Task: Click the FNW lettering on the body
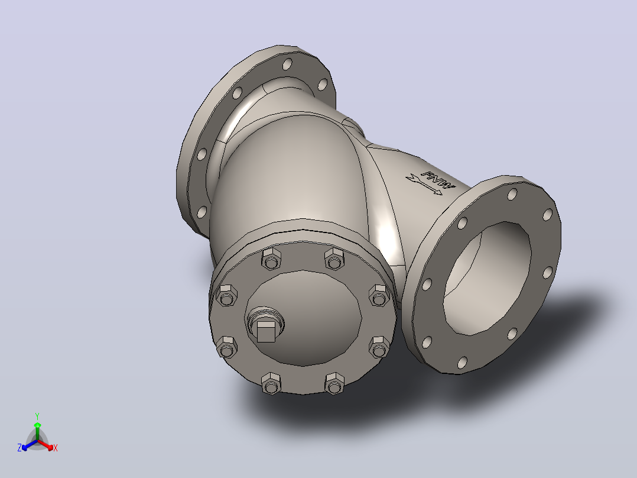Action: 438,180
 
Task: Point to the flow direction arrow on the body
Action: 424,185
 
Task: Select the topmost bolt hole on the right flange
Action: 512,195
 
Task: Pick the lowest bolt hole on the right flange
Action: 462,363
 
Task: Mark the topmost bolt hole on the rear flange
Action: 287,64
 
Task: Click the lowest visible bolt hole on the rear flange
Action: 202,212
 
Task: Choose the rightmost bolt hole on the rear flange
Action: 322,85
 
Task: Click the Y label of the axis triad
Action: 37,416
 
